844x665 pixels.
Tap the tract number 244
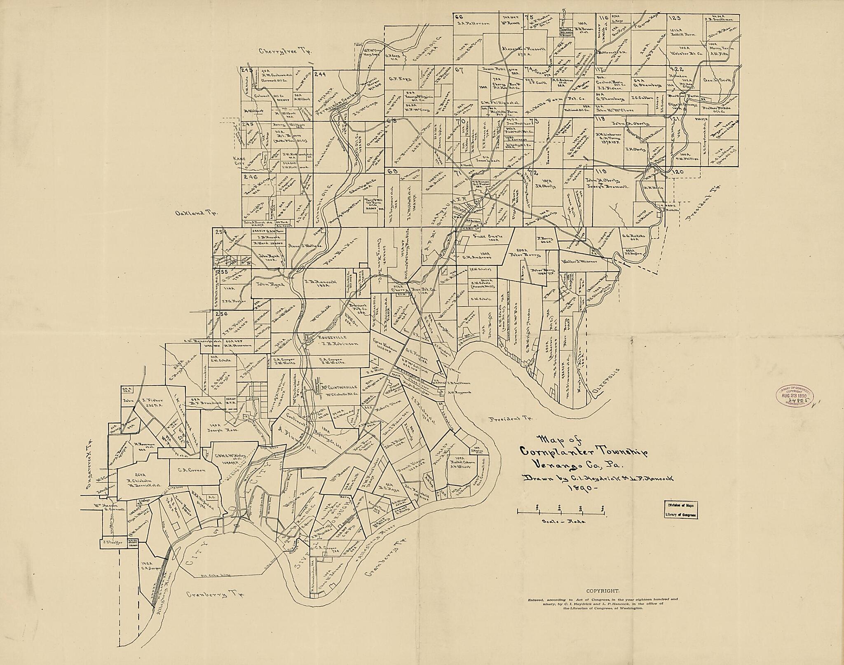click(x=320, y=75)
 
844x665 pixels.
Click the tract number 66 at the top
click(x=459, y=5)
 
